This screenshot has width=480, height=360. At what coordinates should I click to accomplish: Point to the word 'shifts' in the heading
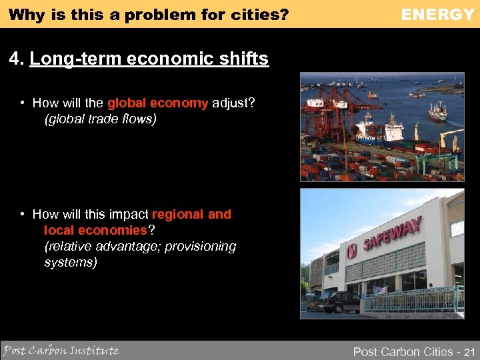(247, 59)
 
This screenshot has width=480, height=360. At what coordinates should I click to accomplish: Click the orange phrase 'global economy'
(157, 103)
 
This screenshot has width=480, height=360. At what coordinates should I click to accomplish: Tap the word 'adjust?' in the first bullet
(233, 103)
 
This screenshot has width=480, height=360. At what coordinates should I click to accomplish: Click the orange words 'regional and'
(192, 214)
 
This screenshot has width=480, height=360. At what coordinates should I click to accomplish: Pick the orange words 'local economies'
(95, 230)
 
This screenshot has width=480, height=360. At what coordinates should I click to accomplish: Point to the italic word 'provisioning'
(201, 246)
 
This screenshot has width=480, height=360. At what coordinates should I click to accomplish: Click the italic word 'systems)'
(71, 262)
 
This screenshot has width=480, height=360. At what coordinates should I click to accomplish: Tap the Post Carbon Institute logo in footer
(61, 350)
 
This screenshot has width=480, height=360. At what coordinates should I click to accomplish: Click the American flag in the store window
(382, 291)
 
